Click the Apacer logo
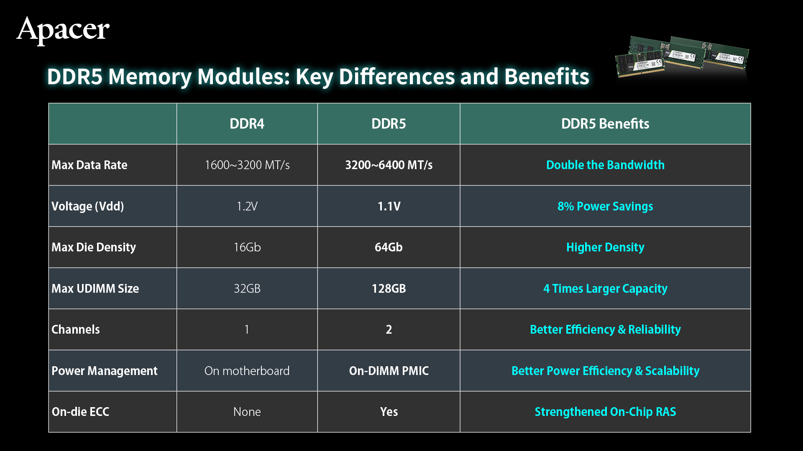[63, 30]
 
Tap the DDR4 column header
[247, 124]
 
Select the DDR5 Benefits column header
[605, 124]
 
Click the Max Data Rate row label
[90, 165]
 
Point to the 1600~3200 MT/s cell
[247, 165]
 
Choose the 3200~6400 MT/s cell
[389, 165]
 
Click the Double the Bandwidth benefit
[605, 165]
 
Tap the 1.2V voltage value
[247, 206]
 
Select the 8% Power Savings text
[605, 206]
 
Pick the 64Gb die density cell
[389, 247]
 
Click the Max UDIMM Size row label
[95, 289]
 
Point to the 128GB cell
[389, 289]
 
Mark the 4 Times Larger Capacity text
[605, 289]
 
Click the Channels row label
[76, 329]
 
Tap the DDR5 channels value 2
[389, 329]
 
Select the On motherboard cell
[247, 371]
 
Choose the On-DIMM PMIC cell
[389, 371]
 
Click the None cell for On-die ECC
[247, 412]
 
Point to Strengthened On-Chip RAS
[605, 412]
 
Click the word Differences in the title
[396, 76]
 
